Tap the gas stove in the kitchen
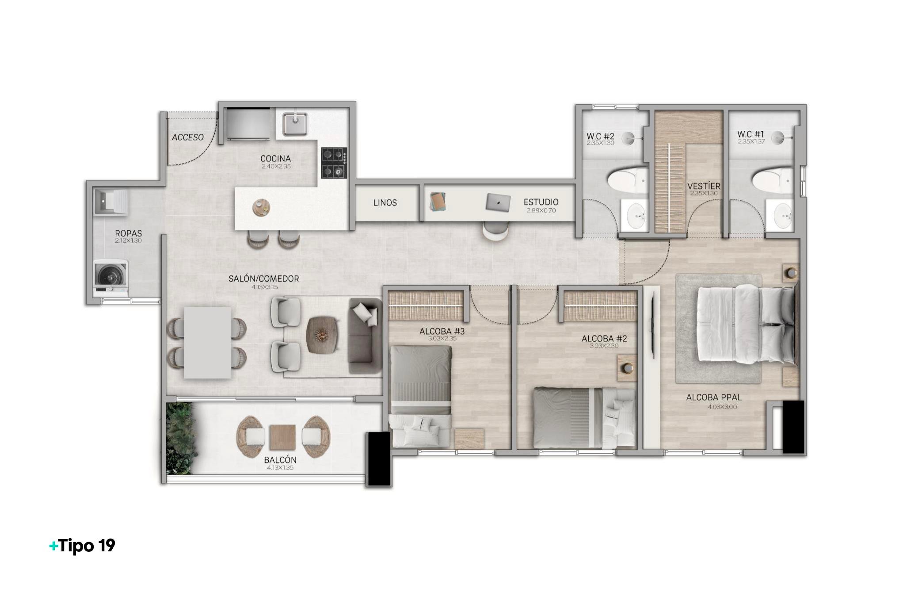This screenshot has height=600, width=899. pyautogui.click(x=334, y=163)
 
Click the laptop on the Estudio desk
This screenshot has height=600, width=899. pyautogui.click(x=498, y=203)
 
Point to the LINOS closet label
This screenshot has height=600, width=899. pyautogui.click(x=385, y=203)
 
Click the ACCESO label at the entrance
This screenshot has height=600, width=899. pyautogui.click(x=188, y=138)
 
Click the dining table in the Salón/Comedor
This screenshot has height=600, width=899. pyautogui.click(x=208, y=343)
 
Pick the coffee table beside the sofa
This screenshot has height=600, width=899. pyautogui.click(x=323, y=335)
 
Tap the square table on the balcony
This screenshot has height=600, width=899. pyautogui.click(x=283, y=437)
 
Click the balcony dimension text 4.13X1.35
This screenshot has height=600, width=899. pyautogui.click(x=280, y=468)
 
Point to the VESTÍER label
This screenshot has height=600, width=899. pyautogui.click(x=704, y=186)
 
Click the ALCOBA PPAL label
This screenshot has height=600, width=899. pyautogui.click(x=714, y=397)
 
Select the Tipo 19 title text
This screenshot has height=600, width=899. pyautogui.click(x=82, y=546)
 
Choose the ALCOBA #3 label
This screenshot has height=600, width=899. pyautogui.click(x=442, y=331)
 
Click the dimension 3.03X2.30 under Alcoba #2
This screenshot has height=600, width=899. pyautogui.click(x=604, y=346)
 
